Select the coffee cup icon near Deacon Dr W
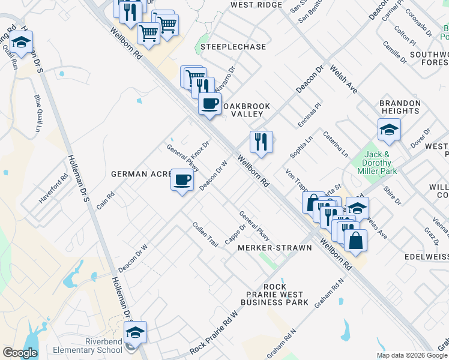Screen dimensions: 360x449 point(182,179)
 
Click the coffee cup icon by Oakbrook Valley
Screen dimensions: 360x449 point(209,104)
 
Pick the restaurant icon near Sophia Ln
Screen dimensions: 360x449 point(261,142)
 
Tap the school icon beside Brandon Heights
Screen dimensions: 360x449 point(389,129)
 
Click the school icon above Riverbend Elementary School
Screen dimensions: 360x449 point(135,332)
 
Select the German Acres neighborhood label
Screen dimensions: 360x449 point(140,174)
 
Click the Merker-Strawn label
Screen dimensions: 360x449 point(275,248)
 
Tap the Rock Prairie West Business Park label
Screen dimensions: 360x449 point(274,295)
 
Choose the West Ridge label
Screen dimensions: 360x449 point(256,5)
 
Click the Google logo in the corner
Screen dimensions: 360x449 point(20,353)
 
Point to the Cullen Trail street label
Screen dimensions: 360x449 point(204,233)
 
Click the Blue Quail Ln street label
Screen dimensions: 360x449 point(38,114)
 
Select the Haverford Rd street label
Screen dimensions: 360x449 point(54,189)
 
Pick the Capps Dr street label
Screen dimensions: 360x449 point(236,235)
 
